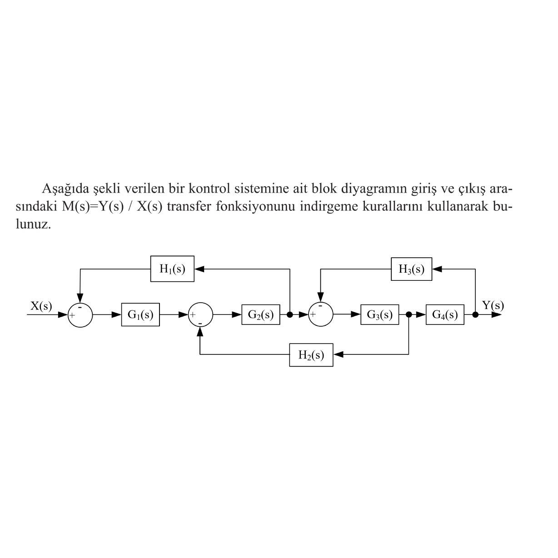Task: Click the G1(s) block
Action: (x=140, y=314)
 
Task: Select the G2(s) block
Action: (x=260, y=314)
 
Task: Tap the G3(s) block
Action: (x=379, y=314)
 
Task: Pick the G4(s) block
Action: (x=445, y=314)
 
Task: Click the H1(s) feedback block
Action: (x=172, y=269)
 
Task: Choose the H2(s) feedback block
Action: (x=311, y=355)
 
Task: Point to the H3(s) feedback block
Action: (x=411, y=269)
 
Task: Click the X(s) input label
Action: (x=41, y=306)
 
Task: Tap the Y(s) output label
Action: (x=493, y=306)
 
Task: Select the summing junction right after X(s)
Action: (x=80, y=314)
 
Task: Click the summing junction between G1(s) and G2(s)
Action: (x=200, y=314)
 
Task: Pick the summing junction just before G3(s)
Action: (x=320, y=314)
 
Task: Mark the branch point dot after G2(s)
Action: (x=289, y=314)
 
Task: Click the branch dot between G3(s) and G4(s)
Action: (x=409, y=314)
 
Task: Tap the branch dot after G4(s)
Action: (x=475, y=314)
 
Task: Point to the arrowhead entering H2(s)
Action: (x=338, y=355)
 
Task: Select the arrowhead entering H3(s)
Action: (x=437, y=269)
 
